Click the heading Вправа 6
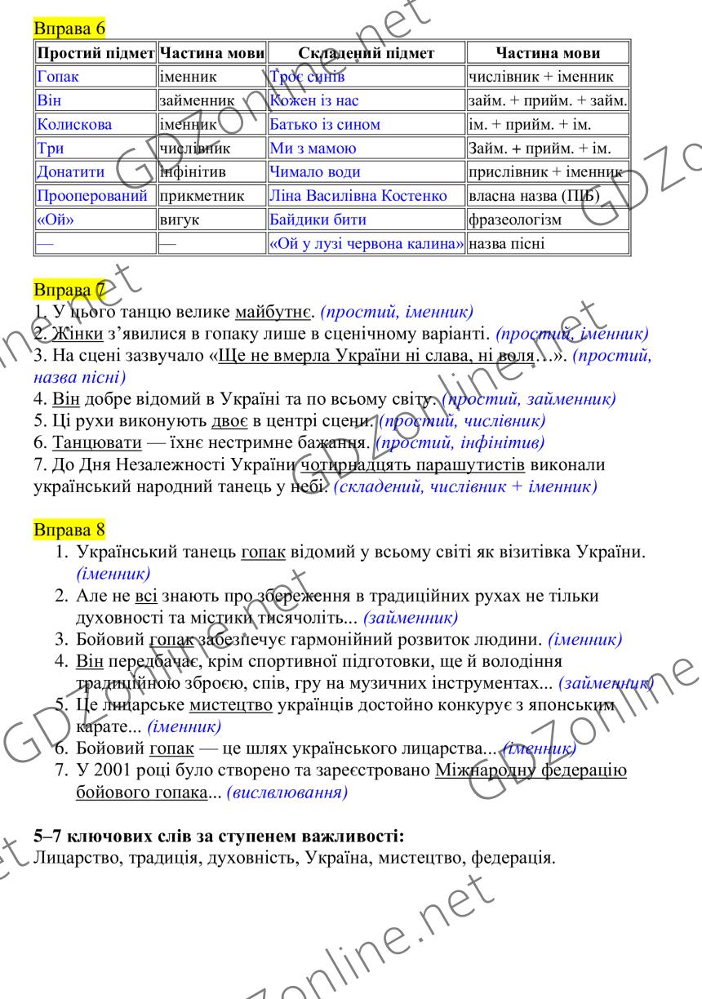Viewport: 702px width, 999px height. (60, 29)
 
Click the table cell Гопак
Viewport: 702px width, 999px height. (54, 78)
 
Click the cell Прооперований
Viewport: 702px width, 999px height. (92, 196)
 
